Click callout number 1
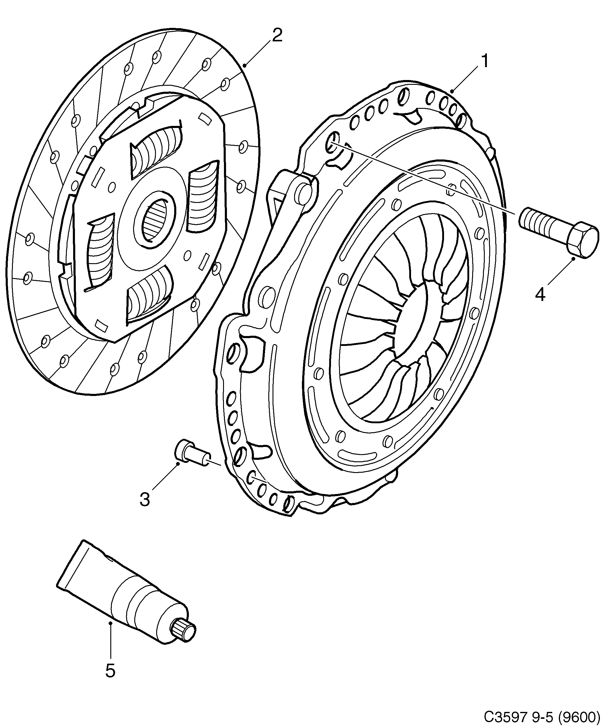(485, 61)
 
